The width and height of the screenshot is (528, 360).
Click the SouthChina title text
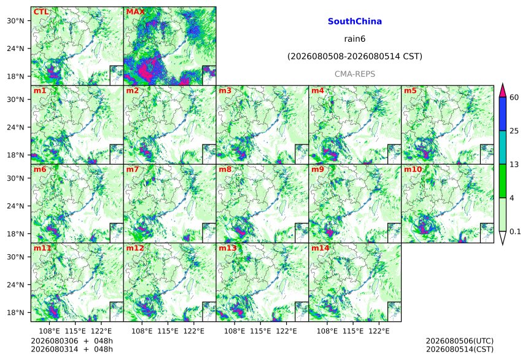355,22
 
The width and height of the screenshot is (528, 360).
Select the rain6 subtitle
355,39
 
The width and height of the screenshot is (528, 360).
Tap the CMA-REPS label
355,74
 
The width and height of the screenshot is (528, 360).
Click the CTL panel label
41,12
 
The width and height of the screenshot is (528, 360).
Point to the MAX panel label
135,12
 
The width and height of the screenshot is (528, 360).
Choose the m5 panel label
410,91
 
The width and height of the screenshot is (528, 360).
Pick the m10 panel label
413,169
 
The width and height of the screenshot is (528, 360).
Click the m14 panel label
320,248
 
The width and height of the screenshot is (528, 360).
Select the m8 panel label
225,169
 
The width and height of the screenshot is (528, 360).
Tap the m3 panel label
225,91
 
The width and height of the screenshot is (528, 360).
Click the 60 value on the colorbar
514,98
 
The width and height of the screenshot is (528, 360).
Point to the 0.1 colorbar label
515,231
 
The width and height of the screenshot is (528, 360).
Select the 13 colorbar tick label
514,165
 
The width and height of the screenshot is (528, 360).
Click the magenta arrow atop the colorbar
502,90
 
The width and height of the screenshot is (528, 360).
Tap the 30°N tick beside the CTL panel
15,21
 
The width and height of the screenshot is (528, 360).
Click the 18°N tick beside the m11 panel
15,313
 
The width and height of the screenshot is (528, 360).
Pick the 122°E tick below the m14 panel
379,331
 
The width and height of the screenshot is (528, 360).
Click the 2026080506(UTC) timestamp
460,341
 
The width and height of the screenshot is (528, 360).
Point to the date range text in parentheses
355,57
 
